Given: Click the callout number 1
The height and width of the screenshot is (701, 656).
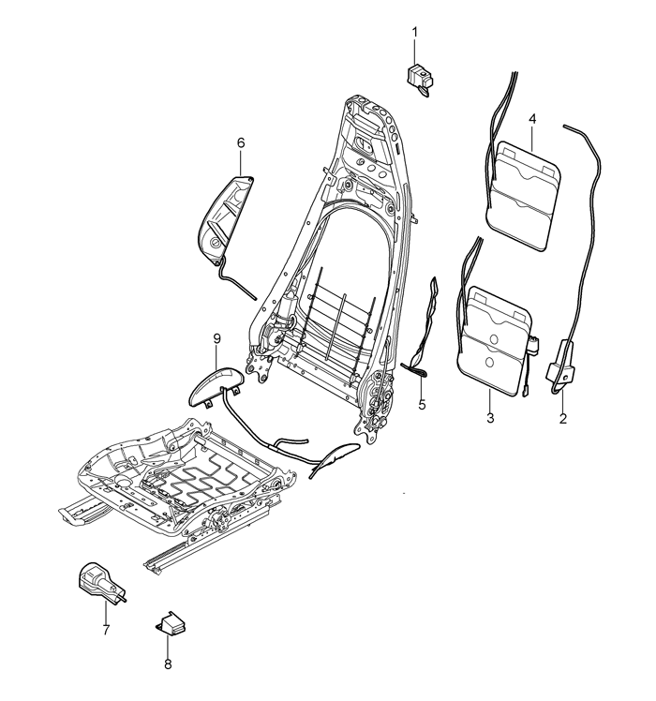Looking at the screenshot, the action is click(x=414, y=32).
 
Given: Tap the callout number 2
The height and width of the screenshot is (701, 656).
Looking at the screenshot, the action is click(x=563, y=419).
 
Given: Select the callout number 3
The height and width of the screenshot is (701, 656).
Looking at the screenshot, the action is click(x=490, y=419).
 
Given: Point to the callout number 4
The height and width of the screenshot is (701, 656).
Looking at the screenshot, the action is click(x=532, y=119).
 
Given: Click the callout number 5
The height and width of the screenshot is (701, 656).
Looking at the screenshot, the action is click(x=422, y=405).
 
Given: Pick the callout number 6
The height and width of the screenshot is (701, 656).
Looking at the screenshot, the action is click(x=241, y=143).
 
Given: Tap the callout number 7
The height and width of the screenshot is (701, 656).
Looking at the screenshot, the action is click(x=106, y=630).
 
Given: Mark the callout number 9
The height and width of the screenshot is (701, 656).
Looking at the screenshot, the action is click(x=216, y=339).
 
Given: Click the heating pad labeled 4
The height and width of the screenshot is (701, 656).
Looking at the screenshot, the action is click(x=523, y=195).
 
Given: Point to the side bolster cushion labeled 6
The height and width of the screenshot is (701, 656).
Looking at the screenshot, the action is click(x=225, y=218).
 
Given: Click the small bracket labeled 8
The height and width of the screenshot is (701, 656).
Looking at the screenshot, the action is click(x=171, y=622).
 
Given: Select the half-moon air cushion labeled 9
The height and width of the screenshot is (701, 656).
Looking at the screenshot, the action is click(x=216, y=384).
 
